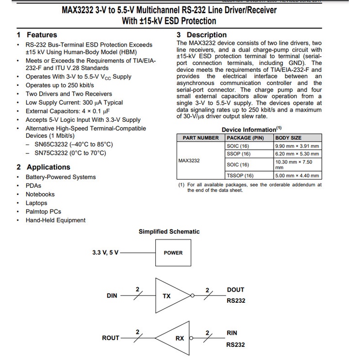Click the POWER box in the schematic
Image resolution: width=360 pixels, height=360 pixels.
173,253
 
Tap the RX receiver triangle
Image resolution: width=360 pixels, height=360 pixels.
177,338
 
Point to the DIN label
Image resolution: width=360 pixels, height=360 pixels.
112,295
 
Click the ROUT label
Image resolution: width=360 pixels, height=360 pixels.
111,338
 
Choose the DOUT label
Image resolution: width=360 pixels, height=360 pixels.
235,290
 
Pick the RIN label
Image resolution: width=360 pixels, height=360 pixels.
231,333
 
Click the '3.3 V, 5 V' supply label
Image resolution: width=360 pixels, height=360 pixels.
105,253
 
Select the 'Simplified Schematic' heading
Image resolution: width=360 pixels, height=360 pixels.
169,231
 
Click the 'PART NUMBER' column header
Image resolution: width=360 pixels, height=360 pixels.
200,138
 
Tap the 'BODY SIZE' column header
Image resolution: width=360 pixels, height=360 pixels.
288,138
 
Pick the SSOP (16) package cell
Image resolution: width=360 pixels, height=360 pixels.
239,154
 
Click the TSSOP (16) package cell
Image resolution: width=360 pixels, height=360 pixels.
240,176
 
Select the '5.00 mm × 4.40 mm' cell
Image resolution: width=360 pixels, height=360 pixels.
297,176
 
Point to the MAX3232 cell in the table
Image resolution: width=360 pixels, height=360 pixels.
189,160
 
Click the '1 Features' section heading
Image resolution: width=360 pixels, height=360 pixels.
37,35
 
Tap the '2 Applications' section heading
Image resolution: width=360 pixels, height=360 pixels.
43,167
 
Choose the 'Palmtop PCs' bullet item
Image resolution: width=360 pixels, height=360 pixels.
43,212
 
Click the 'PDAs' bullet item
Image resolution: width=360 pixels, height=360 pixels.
33,185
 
